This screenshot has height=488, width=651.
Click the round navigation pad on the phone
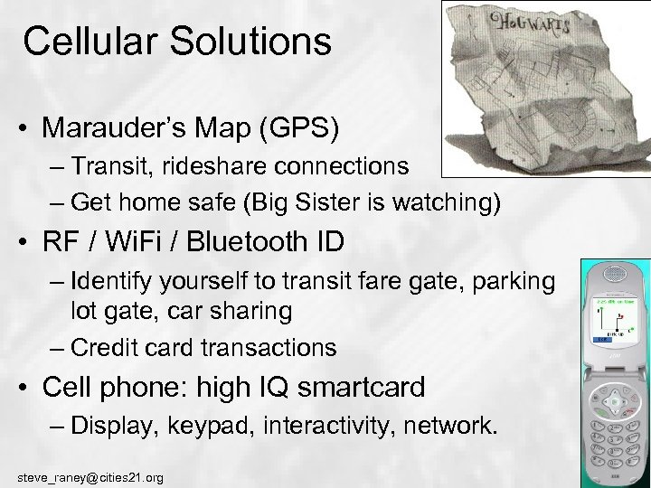(x=615, y=397)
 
